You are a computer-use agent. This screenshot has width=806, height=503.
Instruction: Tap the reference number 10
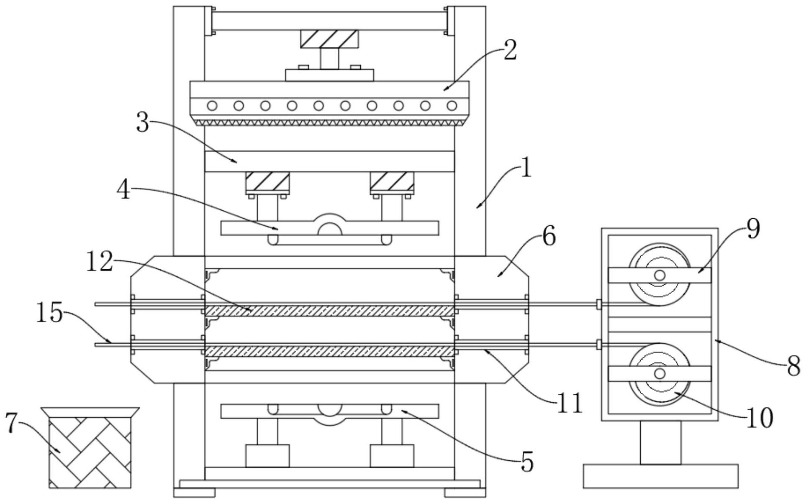tap(760, 417)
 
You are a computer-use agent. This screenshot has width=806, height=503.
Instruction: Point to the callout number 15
tap(49, 314)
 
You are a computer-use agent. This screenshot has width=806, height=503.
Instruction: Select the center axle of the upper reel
tap(660, 275)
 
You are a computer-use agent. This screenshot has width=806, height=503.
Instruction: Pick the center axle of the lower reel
tap(660, 373)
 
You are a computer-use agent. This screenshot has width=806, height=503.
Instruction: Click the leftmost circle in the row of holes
tap(212, 106)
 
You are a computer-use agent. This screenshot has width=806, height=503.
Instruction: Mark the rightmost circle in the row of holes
tap(452, 106)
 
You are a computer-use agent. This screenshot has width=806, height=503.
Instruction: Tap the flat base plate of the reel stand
tap(660, 476)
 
